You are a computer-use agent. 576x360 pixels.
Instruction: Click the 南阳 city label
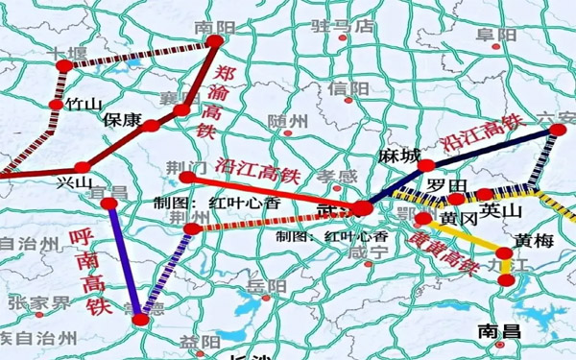[213, 27]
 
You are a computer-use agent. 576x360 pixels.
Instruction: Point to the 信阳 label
[348, 88]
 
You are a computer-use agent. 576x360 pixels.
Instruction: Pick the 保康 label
[122, 122]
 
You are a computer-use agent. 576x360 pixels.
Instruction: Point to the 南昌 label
[498, 331]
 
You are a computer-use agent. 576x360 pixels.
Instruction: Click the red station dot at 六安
[557, 129]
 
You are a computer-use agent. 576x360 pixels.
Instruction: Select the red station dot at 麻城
[426, 166]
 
